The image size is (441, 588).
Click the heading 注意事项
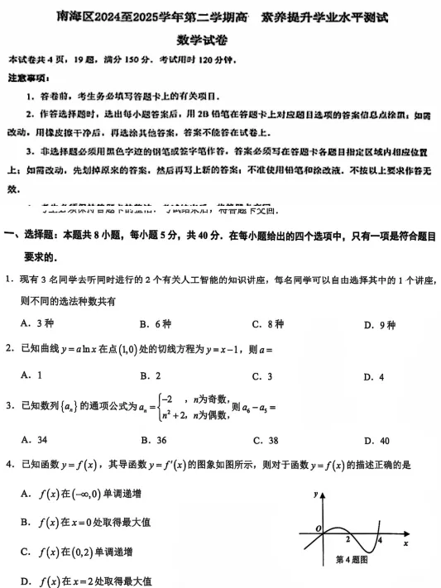29,77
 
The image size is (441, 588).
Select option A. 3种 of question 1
38,323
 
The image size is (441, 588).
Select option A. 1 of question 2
32,375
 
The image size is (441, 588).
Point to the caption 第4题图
352,559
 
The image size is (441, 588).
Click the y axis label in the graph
316,493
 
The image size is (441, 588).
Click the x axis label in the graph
405,544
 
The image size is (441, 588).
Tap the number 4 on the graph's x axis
380,542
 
